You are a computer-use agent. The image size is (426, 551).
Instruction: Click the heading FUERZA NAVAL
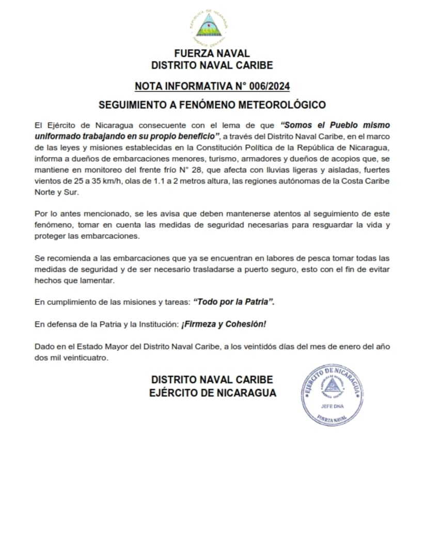point(212,53)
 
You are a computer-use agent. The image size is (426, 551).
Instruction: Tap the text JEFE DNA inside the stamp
point(332,406)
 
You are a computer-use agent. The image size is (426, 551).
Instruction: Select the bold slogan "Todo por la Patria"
point(233,301)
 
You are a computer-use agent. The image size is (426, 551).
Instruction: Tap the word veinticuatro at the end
point(89,358)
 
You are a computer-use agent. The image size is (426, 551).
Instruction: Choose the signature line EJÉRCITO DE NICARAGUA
point(212,393)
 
